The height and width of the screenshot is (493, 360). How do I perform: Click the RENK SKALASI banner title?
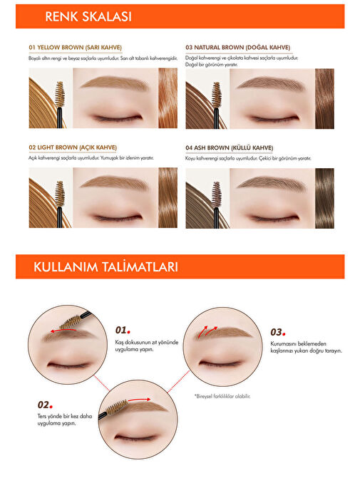88,16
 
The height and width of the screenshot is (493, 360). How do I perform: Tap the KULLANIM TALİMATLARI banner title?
106,267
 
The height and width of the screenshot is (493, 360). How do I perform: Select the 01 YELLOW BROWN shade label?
75,48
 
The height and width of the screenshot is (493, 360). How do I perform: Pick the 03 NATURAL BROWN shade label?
237,48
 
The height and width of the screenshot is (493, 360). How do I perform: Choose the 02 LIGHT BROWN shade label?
73,147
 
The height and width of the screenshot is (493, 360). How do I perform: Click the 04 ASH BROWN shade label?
229,147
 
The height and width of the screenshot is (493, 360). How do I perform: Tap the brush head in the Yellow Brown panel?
59,94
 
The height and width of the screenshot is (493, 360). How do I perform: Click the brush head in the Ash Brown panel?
216,194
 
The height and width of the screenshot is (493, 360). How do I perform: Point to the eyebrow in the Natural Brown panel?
271,83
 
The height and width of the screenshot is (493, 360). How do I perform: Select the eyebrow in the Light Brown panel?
114,182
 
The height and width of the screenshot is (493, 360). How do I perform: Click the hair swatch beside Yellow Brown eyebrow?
168,98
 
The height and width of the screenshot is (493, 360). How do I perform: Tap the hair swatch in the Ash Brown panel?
324,198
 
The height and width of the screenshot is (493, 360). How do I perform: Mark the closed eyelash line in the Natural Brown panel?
274,119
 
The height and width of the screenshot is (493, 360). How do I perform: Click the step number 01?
123,330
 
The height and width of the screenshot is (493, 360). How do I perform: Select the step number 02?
45,405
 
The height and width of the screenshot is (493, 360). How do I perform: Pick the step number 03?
278,332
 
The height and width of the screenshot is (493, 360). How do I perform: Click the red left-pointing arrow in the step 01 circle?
63,331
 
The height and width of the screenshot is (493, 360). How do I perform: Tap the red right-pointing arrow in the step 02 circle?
140,400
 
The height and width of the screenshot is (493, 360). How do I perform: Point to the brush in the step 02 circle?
114,409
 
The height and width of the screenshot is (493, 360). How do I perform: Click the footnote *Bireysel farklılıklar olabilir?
222,396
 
